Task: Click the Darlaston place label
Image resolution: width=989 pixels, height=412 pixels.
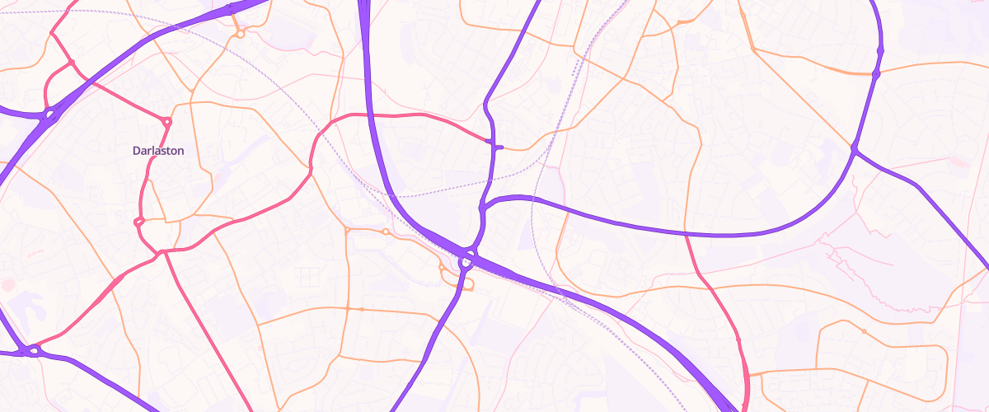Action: pyautogui.click(x=157, y=152)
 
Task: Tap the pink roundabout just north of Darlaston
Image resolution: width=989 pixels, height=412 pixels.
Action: pyautogui.click(x=166, y=122)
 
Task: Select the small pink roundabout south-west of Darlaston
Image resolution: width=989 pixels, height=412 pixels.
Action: pyautogui.click(x=138, y=221)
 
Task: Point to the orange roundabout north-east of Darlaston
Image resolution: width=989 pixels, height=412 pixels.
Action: pyautogui.click(x=240, y=33)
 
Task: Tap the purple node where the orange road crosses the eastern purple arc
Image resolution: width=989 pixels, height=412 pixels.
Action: pyautogui.click(x=876, y=74)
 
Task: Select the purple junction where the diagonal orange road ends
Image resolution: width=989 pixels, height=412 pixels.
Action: pyautogui.click(x=855, y=149)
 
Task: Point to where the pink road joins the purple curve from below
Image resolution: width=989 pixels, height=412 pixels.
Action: pyautogui.click(x=687, y=235)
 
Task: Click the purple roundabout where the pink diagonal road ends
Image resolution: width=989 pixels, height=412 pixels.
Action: pyautogui.click(x=34, y=350)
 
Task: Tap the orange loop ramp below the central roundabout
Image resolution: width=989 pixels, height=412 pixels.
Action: pyautogui.click(x=467, y=284)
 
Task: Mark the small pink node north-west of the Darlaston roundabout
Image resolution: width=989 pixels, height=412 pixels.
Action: pyautogui.click(x=72, y=63)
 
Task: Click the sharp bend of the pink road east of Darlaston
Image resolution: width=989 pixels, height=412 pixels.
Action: pyautogui.click(x=311, y=170)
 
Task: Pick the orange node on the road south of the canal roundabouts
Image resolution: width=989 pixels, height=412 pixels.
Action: pyautogui.click(x=361, y=309)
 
